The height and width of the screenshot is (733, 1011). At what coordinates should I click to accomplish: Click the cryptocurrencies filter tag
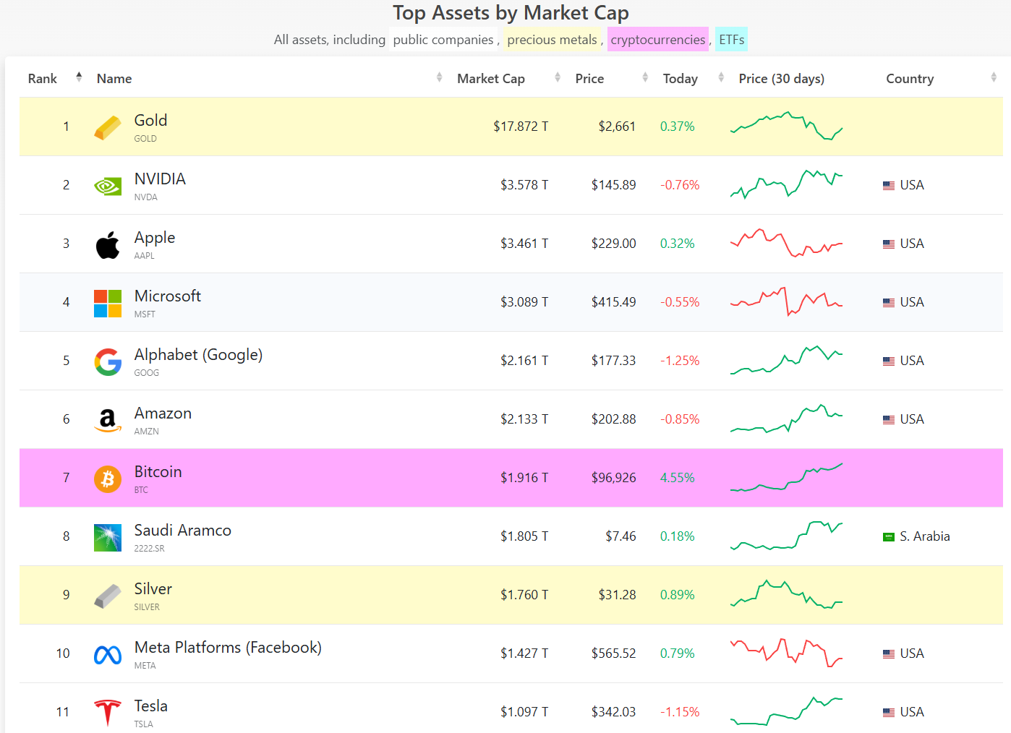click(x=657, y=40)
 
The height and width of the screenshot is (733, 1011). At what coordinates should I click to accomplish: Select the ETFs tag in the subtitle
click(x=731, y=40)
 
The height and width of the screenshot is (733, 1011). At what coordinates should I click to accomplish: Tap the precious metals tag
click(x=552, y=40)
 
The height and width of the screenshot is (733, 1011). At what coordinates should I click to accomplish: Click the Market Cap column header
click(x=491, y=79)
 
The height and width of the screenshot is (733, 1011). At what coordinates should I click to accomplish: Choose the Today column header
click(x=680, y=79)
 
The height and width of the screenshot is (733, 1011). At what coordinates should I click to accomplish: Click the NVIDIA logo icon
click(x=108, y=187)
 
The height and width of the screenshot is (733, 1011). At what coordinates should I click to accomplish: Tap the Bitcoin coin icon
click(x=108, y=479)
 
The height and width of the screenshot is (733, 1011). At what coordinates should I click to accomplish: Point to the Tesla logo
click(x=108, y=712)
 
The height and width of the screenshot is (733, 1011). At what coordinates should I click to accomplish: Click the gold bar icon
click(x=108, y=128)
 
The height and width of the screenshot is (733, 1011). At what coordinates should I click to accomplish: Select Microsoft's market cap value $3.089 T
click(x=524, y=302)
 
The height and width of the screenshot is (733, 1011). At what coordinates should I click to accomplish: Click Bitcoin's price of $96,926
click(x=613, y=478)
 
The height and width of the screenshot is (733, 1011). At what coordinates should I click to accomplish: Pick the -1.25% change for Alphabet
click(x=679, y=361)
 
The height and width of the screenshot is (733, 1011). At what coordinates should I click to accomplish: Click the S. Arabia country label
click(x=924, y=536)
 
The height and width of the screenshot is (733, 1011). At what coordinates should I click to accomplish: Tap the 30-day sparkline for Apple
click(x=786, y=244)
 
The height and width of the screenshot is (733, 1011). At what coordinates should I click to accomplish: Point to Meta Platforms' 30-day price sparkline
click(x=786, y=653)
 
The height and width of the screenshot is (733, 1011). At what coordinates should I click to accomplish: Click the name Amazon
click(x=163, y=413)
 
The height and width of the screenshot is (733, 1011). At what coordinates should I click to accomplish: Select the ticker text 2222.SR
click(x=149, y=549)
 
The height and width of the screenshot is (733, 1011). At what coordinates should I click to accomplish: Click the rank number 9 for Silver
click(x=67, y=595)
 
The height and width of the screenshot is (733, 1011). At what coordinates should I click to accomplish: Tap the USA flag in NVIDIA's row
click(x=889, y=186)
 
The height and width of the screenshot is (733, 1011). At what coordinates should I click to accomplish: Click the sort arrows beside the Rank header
click(x=79, y=77)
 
